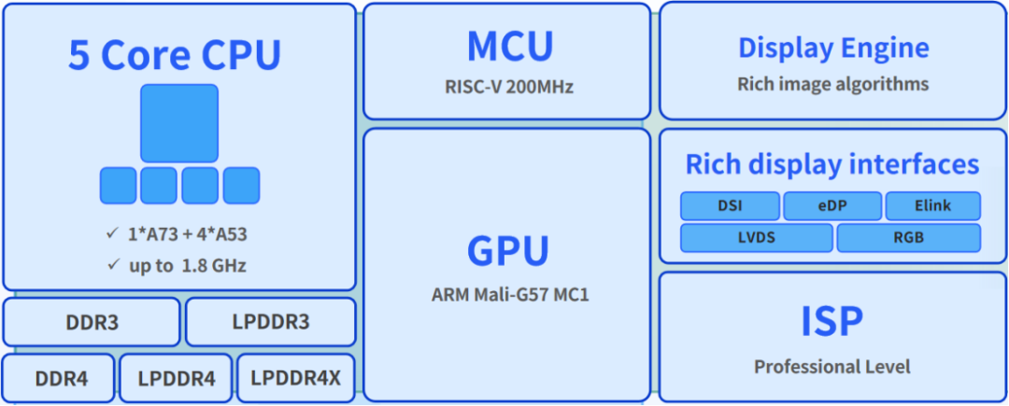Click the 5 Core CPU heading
point(175,56)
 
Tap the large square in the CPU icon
point(179,123)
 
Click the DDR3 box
point(92,322)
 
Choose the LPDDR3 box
point(271,322)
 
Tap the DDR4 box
point(60,379)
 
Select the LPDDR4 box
point(177,379)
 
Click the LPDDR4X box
point(296,379)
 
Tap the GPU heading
point(507,250)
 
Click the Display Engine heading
point(833,48)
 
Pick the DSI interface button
point(729,205)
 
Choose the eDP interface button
point(831,205)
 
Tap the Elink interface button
point(932,205)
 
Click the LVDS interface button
point(756,237)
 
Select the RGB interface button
point(908,237)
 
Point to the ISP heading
point(831,321)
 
